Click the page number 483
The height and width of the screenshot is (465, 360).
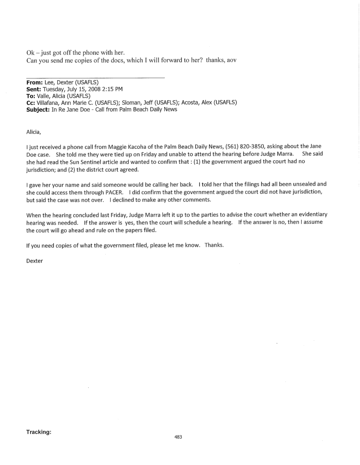coord(178,437)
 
